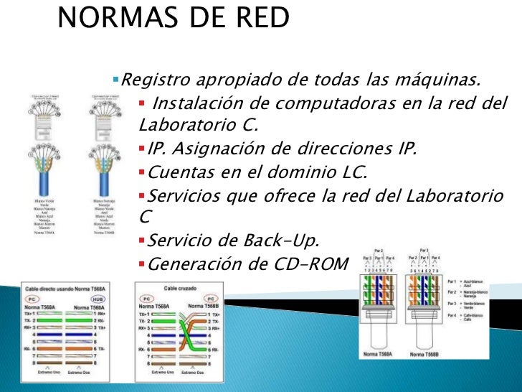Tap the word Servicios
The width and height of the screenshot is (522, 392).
tap(182, 196)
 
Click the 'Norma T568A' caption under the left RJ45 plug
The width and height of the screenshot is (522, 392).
tap(378, 354)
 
